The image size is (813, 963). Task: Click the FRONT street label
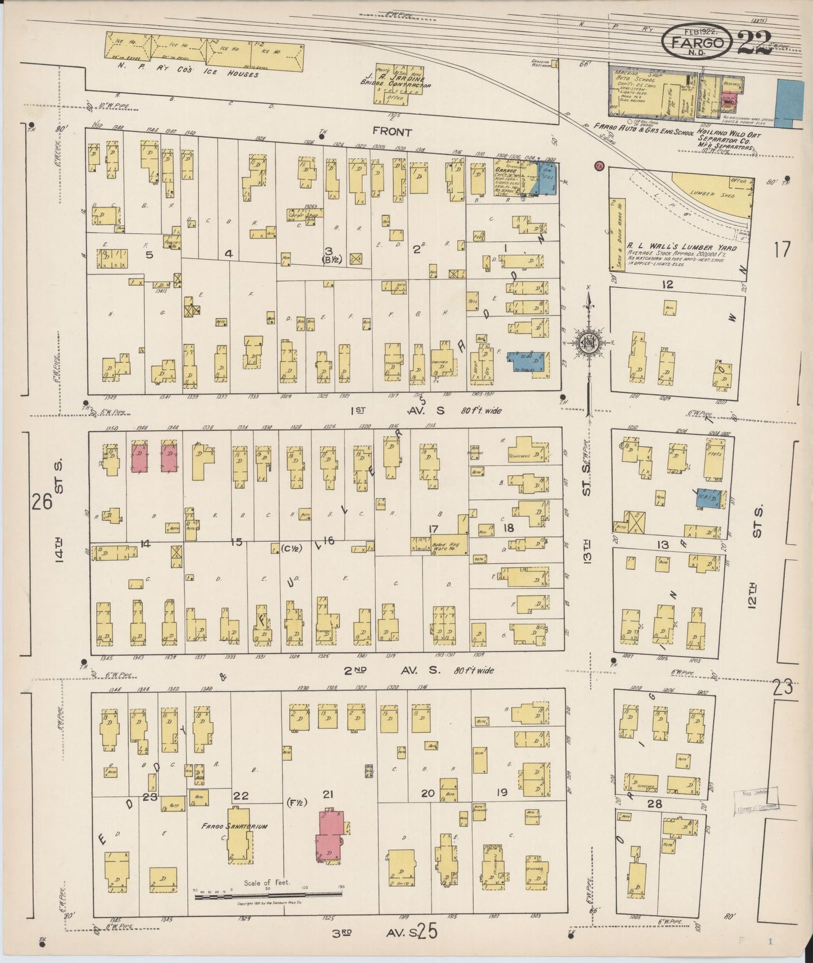[392, 132]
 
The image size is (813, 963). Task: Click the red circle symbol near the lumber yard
[600, 166]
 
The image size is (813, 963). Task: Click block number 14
[145, 543]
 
